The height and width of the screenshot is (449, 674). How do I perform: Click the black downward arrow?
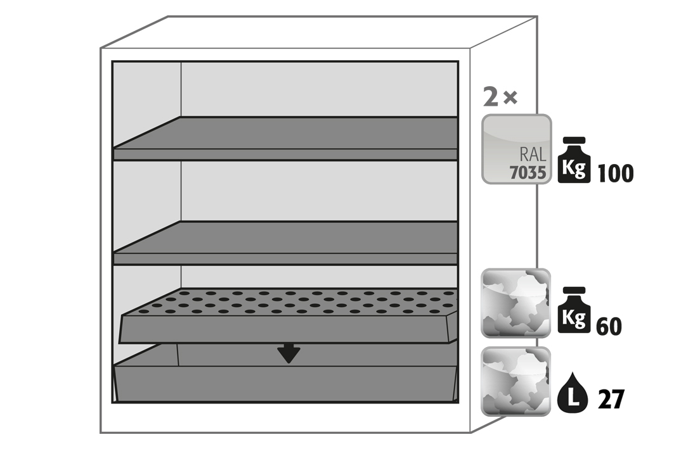(288, 353)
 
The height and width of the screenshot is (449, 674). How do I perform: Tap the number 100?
(615, 174)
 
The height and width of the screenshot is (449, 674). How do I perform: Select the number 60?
(609, 326)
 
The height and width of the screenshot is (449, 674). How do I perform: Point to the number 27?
(611, 400)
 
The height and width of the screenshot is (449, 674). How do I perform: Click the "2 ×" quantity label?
(500, 97)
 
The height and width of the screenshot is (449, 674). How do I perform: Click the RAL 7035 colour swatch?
(516, 149)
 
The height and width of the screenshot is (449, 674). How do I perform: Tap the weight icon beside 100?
(574, 160)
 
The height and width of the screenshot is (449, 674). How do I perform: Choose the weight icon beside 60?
(574, 310)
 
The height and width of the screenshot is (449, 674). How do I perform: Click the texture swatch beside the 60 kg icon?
(516, 303)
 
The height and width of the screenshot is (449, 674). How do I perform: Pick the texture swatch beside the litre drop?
(516, 382)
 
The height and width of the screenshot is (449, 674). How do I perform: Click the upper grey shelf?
(285, 138)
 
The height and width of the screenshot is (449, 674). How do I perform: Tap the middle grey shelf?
(285, 243)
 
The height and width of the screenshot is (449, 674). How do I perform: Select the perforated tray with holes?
(288, 315)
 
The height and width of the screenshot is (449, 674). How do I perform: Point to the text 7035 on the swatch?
(528, 172)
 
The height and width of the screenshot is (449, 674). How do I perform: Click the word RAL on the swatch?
(533, 154)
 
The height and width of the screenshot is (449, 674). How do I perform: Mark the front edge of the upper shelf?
(285, 155)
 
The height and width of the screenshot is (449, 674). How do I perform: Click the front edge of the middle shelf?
(285, 259)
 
